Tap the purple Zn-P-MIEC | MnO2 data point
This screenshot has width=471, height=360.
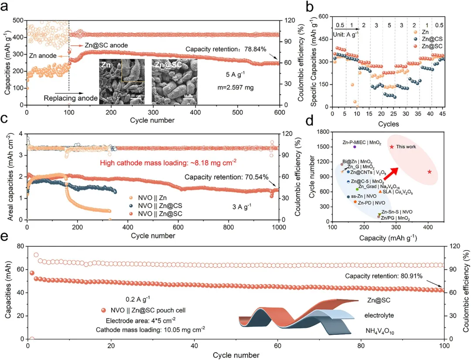click(x=355, y=147)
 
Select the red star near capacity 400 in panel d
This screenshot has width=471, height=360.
click(x=430, y=172)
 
